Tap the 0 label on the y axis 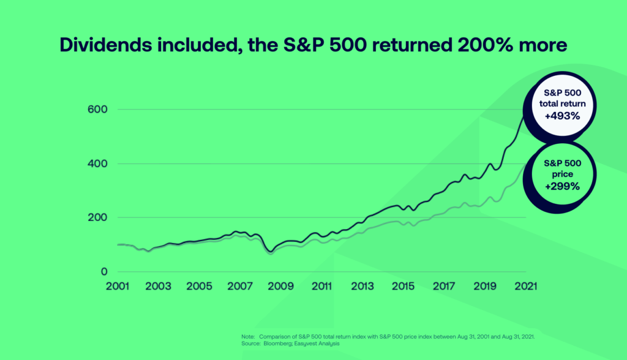click(104, 272)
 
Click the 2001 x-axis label click(117, 286)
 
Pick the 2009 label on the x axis click(280, 286)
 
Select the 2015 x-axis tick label click(403, 286)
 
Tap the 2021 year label click(525, 286)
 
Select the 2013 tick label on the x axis click(362, 286)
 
